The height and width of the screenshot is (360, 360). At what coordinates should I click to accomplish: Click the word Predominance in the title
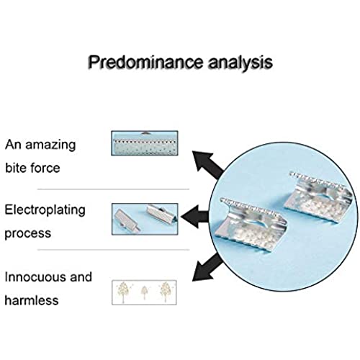click(x=145, y=62)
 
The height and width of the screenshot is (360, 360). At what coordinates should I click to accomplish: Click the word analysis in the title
click(x=240, y=62)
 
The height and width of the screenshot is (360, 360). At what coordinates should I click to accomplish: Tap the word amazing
click(x=50, y=145)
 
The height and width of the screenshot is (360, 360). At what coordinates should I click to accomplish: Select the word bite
click(x=16, y=167)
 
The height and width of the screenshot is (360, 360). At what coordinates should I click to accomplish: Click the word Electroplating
click(x=45, y=210)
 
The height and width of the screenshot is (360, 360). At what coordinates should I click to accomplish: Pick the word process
click(x=28, y=233)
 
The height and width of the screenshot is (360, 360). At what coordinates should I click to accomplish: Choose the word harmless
click(x=32, y=300)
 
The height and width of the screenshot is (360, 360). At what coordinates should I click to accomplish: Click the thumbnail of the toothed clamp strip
click(x=145, y=143)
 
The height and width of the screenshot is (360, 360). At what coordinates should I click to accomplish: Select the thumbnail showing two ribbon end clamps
click(x=145, y=219)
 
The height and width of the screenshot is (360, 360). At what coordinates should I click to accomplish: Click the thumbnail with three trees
click(x=144, y=292)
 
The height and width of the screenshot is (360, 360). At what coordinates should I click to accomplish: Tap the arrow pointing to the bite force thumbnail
click(x=207, y=164)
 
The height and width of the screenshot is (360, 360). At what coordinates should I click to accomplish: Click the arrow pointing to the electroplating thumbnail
click(x=194, y=217)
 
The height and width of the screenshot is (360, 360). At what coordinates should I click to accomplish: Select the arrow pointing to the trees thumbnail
click(x=207, y=268)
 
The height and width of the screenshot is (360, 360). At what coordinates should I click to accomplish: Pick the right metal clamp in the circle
click(x=318, y=197)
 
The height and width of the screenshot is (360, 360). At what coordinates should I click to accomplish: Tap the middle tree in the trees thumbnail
click(x=144, y=292)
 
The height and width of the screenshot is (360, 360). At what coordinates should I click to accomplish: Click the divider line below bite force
click(x=113, y=189)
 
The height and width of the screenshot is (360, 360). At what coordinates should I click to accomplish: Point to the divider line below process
click(x=113, y=250)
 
